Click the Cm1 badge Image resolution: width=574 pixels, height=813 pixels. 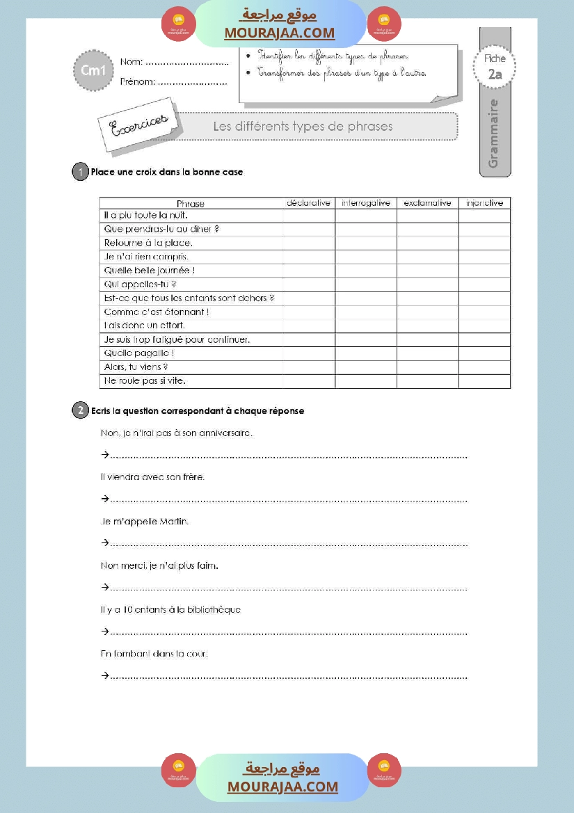(93, 70)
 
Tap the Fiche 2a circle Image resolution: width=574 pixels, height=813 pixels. (495, 68)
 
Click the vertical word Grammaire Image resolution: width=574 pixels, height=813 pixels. (494, 134)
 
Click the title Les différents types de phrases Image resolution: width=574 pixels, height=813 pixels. (303, 127)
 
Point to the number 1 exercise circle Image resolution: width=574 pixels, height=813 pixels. (80, 172)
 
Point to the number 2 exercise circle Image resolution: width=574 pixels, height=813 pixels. (80, 410)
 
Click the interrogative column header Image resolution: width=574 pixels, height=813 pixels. (366, 203)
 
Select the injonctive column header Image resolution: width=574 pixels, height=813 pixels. (484, 203)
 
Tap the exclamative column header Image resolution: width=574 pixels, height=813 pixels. (427, 203)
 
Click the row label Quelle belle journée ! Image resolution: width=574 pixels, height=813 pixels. (149, 271)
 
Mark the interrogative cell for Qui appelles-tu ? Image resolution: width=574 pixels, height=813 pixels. (366, 284)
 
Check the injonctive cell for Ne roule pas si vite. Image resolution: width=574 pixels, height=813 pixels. (484, 381)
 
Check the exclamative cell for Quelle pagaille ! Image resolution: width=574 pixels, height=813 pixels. (427, 353)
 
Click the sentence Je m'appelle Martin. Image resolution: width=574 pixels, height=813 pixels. (145, 521)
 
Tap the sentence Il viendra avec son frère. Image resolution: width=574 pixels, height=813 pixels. (152, 477)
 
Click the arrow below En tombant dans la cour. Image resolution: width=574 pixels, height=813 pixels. (105, 675)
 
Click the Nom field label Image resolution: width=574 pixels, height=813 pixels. (131, 62)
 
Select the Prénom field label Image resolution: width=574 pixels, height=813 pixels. (137, 82)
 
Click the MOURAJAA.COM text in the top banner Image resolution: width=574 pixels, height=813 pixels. (279, 33)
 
